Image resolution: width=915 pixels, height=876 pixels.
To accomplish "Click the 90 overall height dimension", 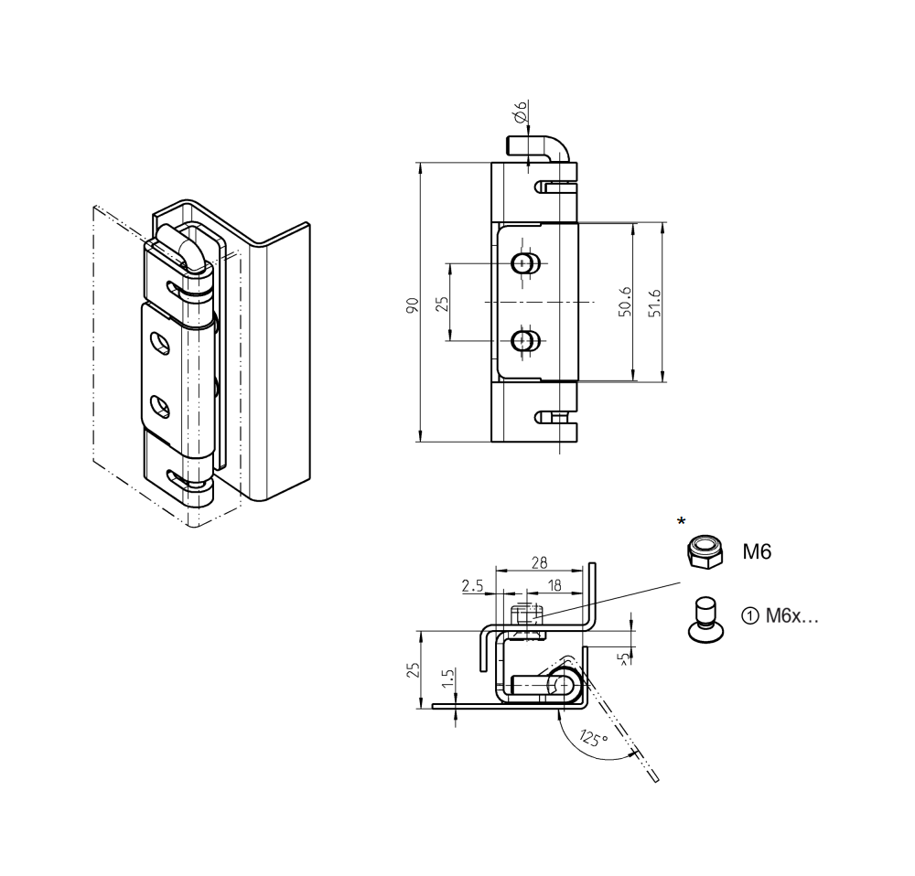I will pos(414,304).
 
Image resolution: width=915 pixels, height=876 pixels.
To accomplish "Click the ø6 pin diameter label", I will pos(520,112).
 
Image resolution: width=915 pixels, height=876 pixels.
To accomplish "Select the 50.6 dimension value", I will pos(624,302).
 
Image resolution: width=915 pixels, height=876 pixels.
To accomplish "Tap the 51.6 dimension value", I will pos(653,302).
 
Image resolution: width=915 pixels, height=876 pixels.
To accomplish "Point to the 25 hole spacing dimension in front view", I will pos(441,302).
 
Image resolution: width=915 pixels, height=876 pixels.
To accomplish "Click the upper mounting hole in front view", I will pos(524,264).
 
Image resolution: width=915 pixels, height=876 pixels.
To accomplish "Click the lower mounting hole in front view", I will pos(524,341).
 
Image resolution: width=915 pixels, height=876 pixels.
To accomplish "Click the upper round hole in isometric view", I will pos(161,343).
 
